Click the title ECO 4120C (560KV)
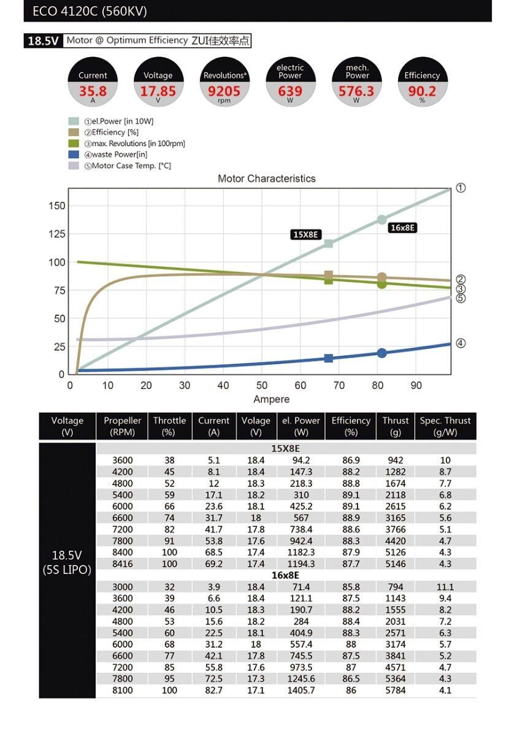pos(90,12)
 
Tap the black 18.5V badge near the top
pos(42,41)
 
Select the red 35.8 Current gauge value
pos(93,91)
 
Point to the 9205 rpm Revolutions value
pos(224,91)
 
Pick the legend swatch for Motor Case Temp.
pos(74,166)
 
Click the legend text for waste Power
pos(120,155)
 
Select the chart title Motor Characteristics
pos(267,178)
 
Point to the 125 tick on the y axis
pos(56,234)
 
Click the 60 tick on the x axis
pos(301,386)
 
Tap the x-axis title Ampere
pos(271,399)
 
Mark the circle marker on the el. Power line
pos(382,220)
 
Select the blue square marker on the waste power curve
pos(329,358)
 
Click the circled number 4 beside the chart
pos(461,343)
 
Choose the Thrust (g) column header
pos(395,426)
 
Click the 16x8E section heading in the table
pos(285,575)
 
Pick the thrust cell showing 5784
pos(395,691)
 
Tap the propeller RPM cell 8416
pos(122,564)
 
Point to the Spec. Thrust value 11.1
pos(445,587)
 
